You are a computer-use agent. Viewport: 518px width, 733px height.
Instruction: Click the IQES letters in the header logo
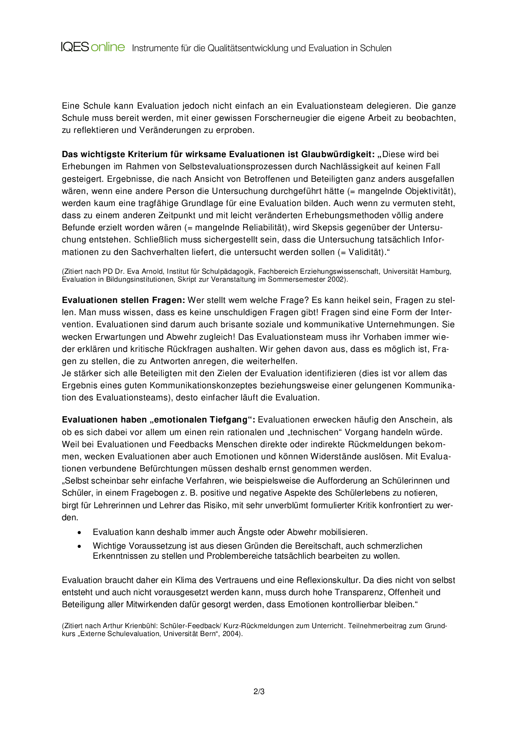point(75,47)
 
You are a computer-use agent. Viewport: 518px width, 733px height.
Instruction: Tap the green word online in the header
point(108,47)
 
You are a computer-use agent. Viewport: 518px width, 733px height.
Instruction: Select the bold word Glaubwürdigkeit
point(338,154)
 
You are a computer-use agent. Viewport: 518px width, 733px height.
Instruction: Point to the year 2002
point(336,279)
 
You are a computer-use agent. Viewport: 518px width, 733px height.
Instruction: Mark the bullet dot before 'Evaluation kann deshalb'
point(79,532)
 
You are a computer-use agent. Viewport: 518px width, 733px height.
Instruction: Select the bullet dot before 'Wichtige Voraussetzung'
point(79,546)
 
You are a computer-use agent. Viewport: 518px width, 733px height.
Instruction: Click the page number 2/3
point(259,692)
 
